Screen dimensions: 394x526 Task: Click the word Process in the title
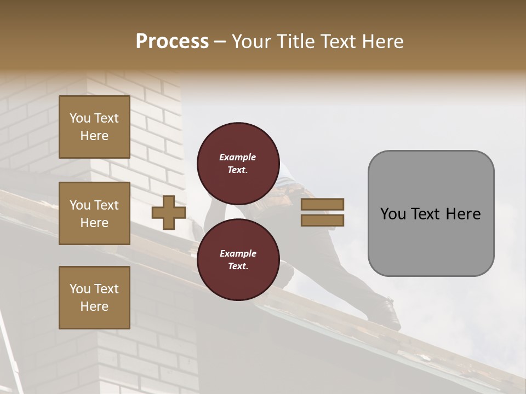[x=172, y=41]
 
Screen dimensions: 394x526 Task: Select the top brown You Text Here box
[x=94, y=127]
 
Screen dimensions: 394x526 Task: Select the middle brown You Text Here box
[x=94, y=213]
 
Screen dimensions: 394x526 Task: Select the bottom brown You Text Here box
[x=94, y=298]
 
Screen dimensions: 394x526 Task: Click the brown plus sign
[x=169, y=212]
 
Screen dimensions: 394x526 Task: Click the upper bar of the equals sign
[x=322, y=204]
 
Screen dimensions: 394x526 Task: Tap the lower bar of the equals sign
[x=322, y=220]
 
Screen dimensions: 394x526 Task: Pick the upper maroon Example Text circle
[x=238, y=163]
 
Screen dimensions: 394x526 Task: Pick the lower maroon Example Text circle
[x=238, y=259]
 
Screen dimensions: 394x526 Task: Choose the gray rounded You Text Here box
[x=431, y=213]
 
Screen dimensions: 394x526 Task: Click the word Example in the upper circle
[x=238, y=157]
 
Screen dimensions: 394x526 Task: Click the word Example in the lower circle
[x=238, y=253]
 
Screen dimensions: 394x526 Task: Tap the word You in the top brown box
[x=80, y=118]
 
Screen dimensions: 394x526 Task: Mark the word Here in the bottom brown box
[x=94, y=306]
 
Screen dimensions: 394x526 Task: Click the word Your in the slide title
[x=251, y=41]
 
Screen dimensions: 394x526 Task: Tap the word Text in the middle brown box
[x=106, y=205]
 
